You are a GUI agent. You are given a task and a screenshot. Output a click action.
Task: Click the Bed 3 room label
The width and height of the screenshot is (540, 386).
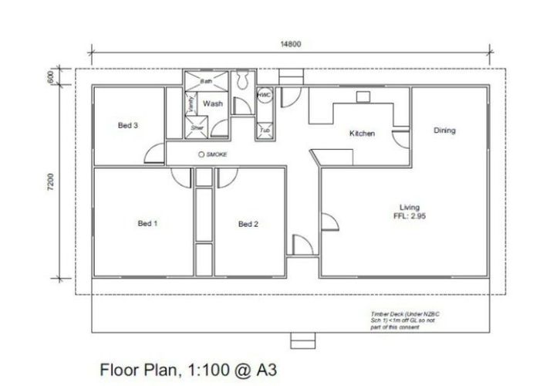pos(128,125)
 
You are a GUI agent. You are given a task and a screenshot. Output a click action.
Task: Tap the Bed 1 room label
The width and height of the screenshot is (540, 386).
pos(147,224)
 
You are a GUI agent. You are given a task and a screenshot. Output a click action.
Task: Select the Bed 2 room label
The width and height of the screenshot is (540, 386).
pos(248,225)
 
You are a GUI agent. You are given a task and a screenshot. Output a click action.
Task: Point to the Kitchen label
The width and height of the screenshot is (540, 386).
pos(362,134)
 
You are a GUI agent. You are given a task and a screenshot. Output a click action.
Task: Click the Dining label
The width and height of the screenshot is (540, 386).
pos(444,130)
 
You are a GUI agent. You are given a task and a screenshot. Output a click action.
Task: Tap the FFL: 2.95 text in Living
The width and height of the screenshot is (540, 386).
pos(409,217)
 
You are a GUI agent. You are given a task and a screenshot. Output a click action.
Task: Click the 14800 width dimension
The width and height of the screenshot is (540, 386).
pos(291,44)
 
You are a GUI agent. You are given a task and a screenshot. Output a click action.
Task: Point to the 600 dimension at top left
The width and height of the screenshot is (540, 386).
pos(48,78)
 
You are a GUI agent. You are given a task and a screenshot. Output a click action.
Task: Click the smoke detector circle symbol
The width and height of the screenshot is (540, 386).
pos(201,154)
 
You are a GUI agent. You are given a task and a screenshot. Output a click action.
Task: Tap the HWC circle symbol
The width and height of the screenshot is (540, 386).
pos(264,95)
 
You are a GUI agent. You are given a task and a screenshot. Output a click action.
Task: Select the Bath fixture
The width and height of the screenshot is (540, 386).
pos(207,80)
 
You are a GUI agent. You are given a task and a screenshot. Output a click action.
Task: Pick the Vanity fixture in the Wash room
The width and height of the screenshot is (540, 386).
pos(191,104)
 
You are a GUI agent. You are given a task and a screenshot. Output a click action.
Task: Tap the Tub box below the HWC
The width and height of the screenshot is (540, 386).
pos(265,130)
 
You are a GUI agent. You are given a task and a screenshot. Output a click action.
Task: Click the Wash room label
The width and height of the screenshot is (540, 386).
pos(213,103)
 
